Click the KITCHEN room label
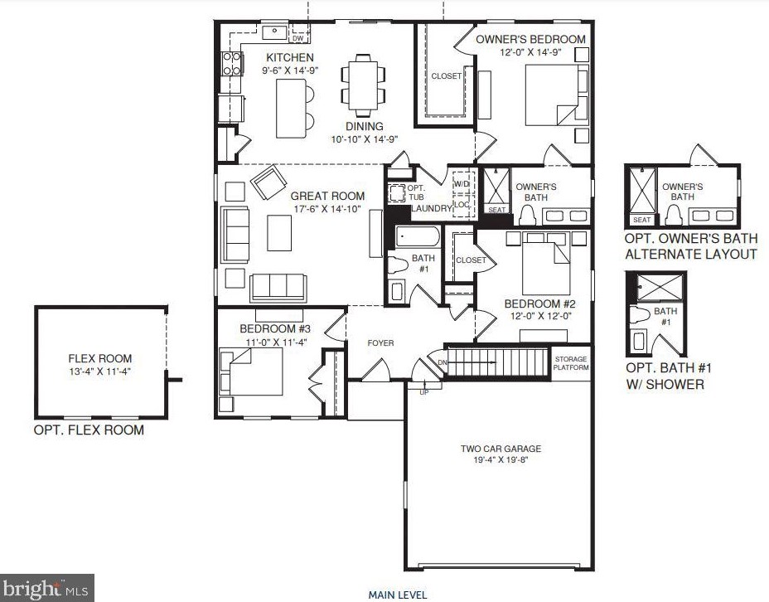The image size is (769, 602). point(289,57)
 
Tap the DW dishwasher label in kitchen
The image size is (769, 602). point(298,38)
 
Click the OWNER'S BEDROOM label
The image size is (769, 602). point(530,39)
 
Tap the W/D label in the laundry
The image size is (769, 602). point(462,183)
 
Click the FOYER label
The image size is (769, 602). point(381,342)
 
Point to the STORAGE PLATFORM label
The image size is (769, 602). point(571,363)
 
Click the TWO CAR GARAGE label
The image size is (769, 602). point(501,449)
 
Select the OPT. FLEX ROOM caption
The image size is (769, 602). point(89,430)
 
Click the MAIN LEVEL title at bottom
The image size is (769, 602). point(398,595)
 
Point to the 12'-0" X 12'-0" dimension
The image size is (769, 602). point(539,315)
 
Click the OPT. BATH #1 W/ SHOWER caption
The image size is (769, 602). point(669,376)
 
